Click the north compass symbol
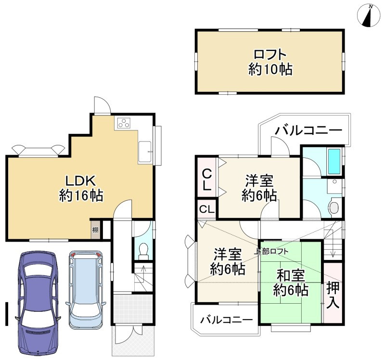point(369,15)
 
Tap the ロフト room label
point(270,54)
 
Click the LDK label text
point(80,181)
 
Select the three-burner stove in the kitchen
point(124,123)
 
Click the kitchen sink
point(145,152)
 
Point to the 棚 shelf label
point(95,230)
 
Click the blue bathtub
point(334,161)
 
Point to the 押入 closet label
point(333,295)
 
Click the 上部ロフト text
point(271,251)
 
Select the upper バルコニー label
point(308,130)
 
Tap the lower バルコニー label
point(227,320)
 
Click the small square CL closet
point(207,209)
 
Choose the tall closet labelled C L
point(207,177)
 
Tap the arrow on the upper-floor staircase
point(333,245)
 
